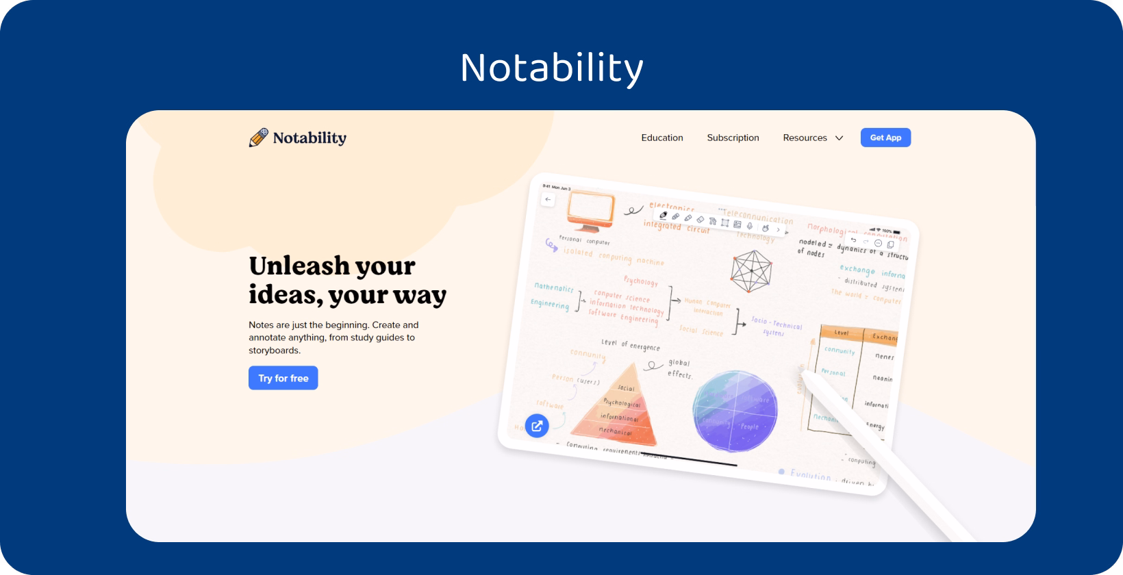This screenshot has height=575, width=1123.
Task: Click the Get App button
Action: click(x=885, y=138)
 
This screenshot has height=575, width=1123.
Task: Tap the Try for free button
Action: click(x=283, y=378)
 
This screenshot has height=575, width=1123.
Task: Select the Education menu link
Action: click(x=661, y=138)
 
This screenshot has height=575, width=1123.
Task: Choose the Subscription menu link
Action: click(x=733, y=138)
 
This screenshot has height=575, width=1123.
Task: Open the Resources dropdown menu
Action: click(x=813, y=138)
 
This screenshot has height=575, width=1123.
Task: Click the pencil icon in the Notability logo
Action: click(x=258, y=138)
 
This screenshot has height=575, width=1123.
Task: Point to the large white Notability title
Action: click(x=552, y=68)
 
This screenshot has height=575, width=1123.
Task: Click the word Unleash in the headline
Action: click(x=298, y=266)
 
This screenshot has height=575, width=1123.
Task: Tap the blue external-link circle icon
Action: click(x=537, y=426)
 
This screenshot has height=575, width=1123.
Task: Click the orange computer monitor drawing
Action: click(x=590, y=212)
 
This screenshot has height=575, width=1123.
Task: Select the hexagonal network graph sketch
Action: click(x=751, y=271)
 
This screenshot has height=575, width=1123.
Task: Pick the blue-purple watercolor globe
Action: click(x=735, y=411)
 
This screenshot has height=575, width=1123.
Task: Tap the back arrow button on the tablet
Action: click(x=548, y=199)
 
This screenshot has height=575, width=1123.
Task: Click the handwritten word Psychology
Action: click(x=640, y=281)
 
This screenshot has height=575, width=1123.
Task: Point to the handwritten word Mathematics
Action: click(x=554, y=288)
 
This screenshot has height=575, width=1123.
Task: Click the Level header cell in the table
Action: click(x=842, y=333)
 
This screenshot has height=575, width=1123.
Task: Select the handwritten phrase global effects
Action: click(x=679, y=369)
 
